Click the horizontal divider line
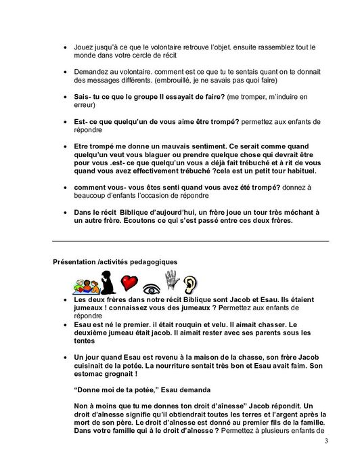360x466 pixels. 189,241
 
